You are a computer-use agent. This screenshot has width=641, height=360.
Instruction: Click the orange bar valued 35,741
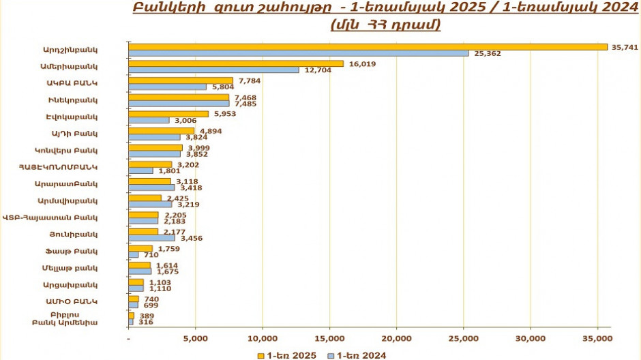[x=368, y=46]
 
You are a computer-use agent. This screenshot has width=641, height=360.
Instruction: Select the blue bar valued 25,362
[x=299, y=53]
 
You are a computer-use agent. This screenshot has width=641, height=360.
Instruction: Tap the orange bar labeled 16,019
[x=236, y=63]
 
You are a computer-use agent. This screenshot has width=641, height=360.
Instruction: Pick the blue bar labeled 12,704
[x=213, y=70]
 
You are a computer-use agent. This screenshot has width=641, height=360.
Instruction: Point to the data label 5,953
[x=224, y=114]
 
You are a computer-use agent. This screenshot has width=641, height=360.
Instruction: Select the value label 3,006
[x=185, y=121]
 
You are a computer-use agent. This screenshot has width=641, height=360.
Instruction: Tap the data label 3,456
[x=190, y=238]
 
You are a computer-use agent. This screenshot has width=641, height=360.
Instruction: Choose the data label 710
[x=149, y=255]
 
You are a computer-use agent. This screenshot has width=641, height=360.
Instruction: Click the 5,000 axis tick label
[x=195, y=339]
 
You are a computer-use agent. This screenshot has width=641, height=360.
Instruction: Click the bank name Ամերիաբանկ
[x=79, y=67]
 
